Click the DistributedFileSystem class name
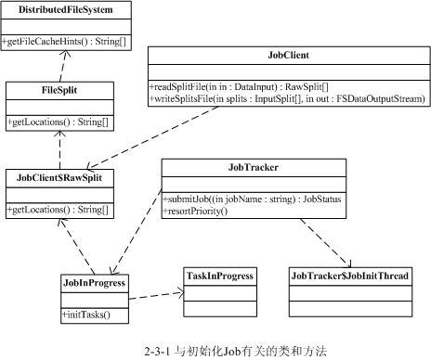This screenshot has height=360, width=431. pos(66,10)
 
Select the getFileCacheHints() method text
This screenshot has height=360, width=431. pos(66,43)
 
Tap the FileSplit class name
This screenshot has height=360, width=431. pos(59,90)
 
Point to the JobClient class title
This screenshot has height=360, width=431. pos(287,57)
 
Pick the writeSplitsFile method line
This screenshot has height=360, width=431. pos(286,97)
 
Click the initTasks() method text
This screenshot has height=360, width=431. pos(86,314)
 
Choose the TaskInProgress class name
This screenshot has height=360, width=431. pos(219,276)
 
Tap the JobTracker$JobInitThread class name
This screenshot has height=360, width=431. pos(349,276)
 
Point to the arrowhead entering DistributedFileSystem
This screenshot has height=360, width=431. pos(62,53)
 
